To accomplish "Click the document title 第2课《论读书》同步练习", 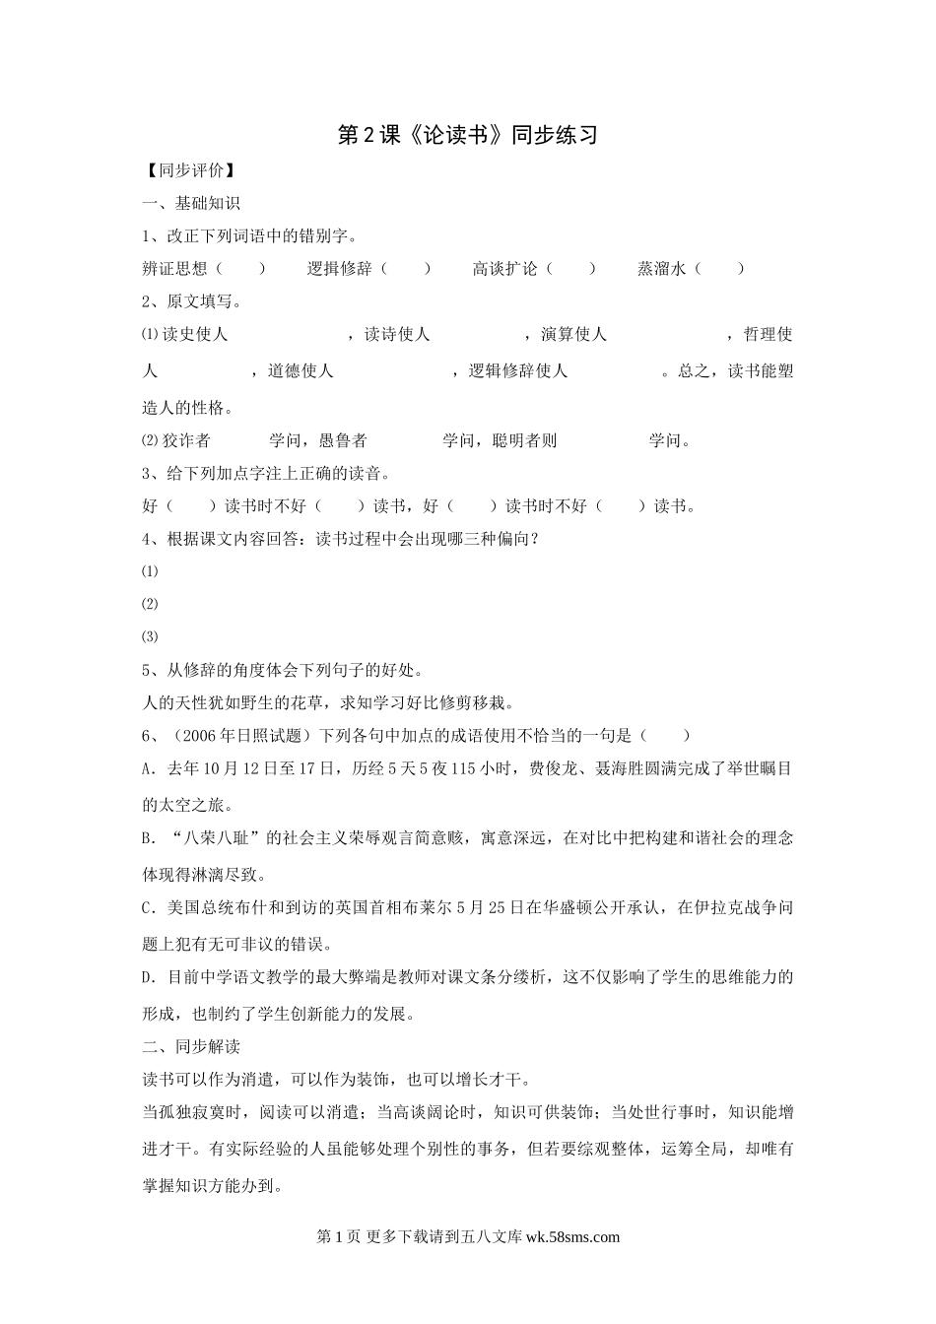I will tap(468, 135).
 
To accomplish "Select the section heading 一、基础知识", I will tap(191, 203).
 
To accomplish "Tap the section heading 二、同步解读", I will tap(191, 1046).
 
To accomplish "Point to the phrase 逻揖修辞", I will tap(340, 268).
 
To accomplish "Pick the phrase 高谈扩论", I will tap(505, 268).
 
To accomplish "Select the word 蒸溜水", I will tap(661, 268).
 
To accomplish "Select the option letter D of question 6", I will tap(148, 977).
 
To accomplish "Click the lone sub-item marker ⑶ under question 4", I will tap(150, 636).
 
